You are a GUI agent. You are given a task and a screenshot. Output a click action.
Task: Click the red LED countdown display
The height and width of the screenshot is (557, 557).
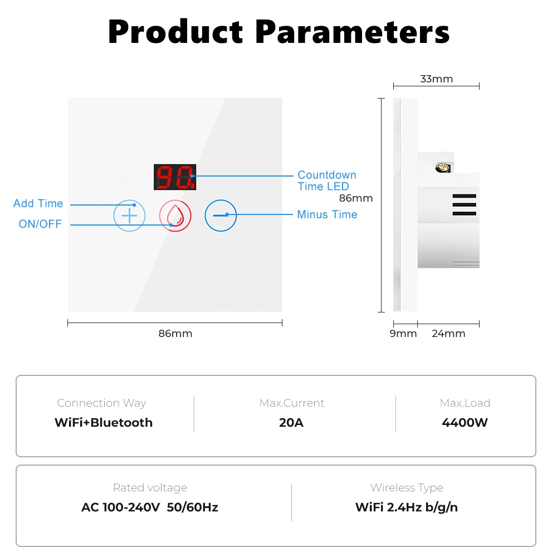point(175,177)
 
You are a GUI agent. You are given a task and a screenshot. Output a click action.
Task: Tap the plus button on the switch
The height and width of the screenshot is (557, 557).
point(129,216)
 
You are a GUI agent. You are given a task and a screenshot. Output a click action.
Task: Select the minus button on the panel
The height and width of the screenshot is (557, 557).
point(221,216)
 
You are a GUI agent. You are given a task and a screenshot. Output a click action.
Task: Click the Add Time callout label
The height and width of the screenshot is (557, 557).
point(38,203)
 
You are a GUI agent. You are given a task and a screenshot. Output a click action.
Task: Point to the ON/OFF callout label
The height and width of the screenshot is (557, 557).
point(40,224)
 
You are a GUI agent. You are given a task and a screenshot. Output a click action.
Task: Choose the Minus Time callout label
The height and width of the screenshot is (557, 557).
point(327,214)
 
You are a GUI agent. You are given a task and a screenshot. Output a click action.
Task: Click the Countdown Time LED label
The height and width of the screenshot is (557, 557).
point(327,180)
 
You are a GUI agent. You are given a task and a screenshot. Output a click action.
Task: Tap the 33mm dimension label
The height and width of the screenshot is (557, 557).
point(437,79)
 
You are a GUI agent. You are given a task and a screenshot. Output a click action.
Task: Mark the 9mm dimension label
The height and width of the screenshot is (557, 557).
point(403,334)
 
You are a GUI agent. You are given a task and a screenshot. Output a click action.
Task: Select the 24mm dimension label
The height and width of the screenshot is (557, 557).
point(448,334)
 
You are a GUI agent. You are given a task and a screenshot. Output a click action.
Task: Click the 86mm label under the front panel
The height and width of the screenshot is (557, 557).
point(175,334)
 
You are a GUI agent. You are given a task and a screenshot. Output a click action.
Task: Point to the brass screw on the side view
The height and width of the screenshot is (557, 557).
point(443,167)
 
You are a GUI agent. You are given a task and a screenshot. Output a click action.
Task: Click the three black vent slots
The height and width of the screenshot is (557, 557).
point(465,204)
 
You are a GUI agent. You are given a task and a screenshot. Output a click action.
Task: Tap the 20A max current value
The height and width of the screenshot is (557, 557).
point(291,422)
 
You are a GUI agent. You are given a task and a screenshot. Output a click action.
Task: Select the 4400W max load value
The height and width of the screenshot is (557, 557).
point(465,422)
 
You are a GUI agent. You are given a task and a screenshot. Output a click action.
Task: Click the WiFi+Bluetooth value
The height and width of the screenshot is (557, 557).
point(104,422)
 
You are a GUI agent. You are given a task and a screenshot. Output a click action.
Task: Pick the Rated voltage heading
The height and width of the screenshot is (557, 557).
point(150,488)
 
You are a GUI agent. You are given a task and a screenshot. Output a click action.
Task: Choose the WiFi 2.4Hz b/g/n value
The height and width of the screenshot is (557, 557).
point(407,507)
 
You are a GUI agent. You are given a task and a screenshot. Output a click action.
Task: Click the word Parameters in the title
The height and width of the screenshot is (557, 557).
point(353,32)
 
